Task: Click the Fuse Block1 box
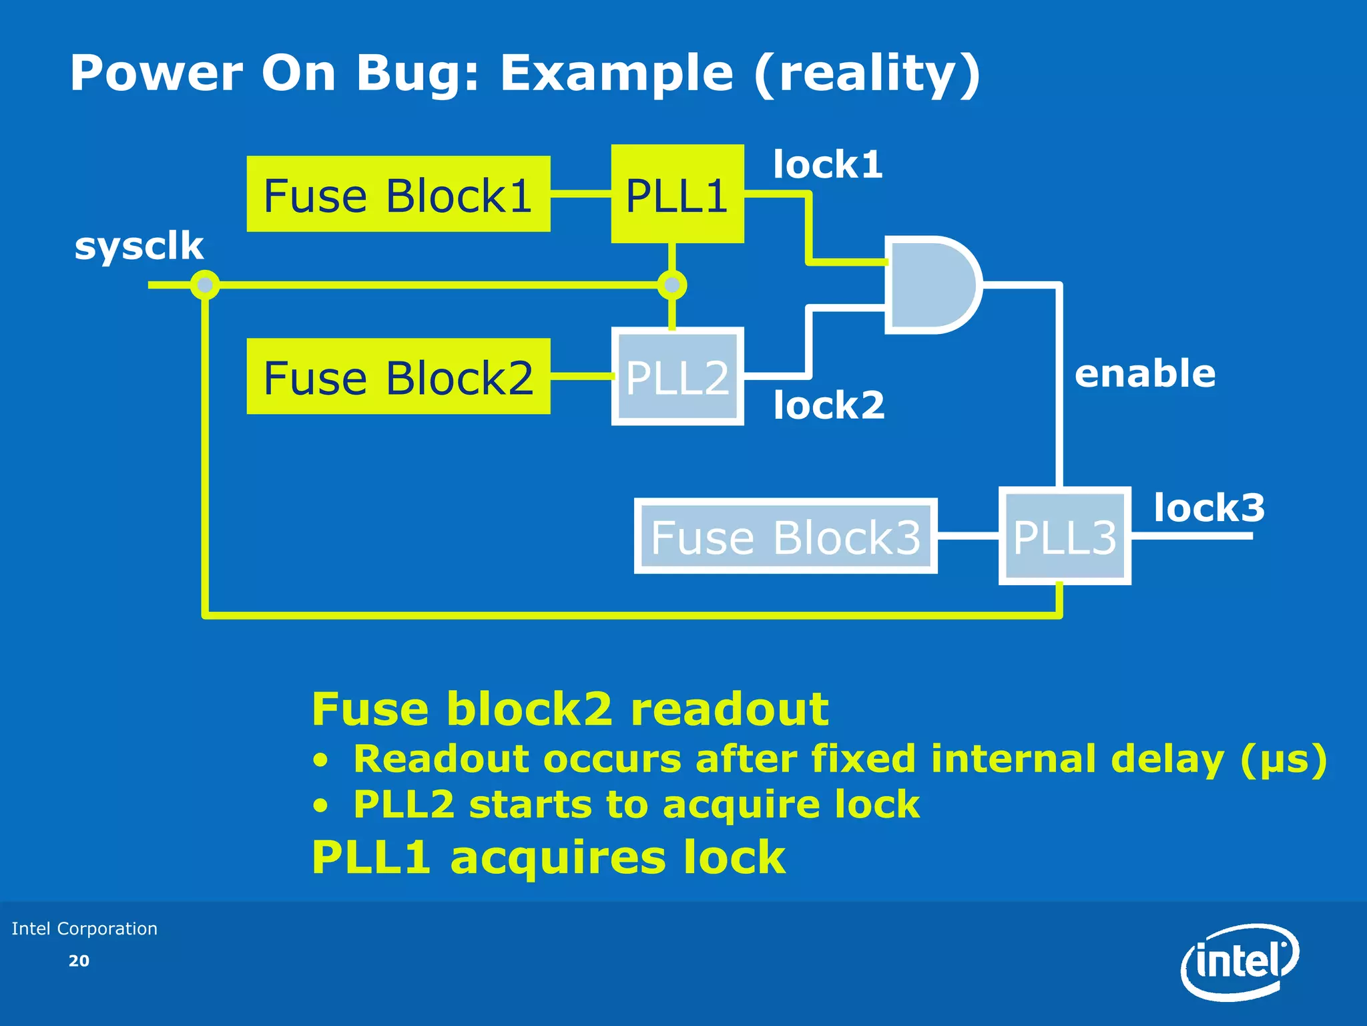[398, 194]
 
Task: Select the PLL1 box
[677, 194]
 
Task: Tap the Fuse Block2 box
[398, 377]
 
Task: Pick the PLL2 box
[677, 377]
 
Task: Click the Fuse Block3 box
[785, 536]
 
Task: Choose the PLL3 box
[1064, 536]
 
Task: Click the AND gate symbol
[932, 285]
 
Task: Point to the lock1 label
[828, 164]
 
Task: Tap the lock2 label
[829, 405]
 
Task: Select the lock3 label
[1209, 508]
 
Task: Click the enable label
[1145, 373]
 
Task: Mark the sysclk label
[139, 246]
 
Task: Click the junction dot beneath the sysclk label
[205, 285]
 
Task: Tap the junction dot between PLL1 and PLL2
[671, 285]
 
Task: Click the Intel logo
[1240, 962]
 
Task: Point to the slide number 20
[79, 961]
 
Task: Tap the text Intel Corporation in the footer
[85, 928]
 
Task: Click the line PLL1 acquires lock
[548, 857]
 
